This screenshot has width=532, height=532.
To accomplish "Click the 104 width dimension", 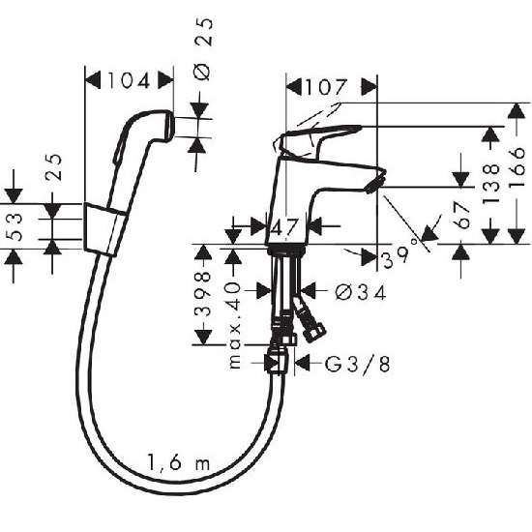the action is tap(129, 80).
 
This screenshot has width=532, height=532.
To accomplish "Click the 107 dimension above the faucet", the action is tap(326, 87).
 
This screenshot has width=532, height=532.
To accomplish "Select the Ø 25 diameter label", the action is tap(203, 49).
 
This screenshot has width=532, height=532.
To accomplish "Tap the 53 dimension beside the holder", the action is tap(15, 226).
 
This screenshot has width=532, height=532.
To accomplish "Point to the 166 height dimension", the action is tap(517, 167).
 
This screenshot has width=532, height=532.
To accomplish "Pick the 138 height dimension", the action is tap(490, 183).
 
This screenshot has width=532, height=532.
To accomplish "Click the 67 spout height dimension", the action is tap(461, 215).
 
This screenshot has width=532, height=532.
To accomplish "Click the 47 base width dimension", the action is tap(285, 226).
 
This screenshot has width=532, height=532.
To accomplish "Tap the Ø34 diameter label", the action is tap(361, 292).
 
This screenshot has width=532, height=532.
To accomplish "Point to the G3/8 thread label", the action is tap(357, 364).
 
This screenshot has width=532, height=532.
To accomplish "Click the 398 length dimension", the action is tap(202, 294).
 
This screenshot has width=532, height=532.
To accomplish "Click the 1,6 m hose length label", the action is tap(179, 461).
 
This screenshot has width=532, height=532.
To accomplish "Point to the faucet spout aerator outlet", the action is tap(375, 181).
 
